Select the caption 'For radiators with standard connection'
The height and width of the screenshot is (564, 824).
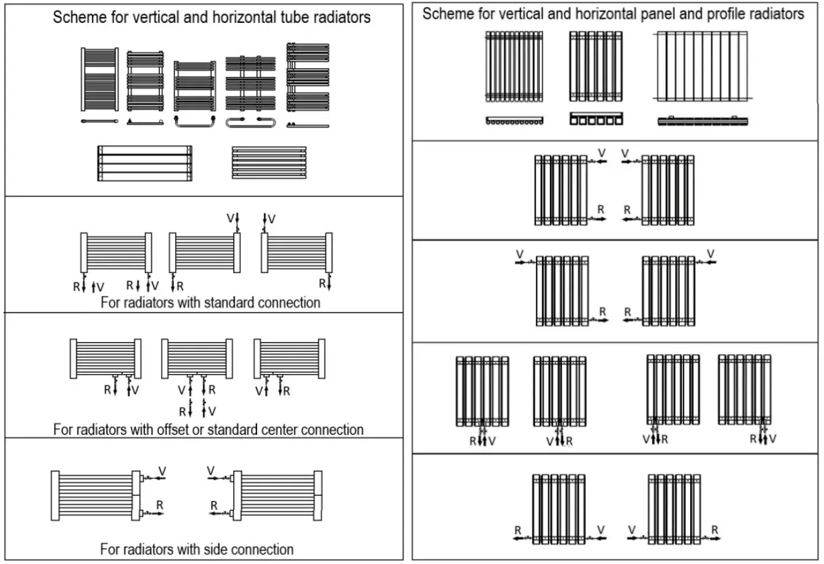(x=210, y=302)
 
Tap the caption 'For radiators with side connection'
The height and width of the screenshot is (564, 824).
(x=197, y=548)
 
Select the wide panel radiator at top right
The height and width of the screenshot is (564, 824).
(x=704, y=66)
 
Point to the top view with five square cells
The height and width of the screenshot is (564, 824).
(x=596, y=119)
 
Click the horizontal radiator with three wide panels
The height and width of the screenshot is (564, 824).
(x=144, y=163)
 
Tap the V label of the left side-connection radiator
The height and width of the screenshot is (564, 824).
(x=162, y=470)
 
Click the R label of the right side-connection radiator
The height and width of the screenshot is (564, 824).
(x=214, y=505)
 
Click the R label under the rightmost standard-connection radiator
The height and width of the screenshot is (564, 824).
(x=323, y=283)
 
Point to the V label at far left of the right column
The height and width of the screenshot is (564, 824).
(x=520, y=254)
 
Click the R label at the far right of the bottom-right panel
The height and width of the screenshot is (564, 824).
(x=714, y=530)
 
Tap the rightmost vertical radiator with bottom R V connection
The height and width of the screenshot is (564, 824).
(x=744, y=389)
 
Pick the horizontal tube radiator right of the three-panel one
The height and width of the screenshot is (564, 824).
(x=269, y=162)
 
